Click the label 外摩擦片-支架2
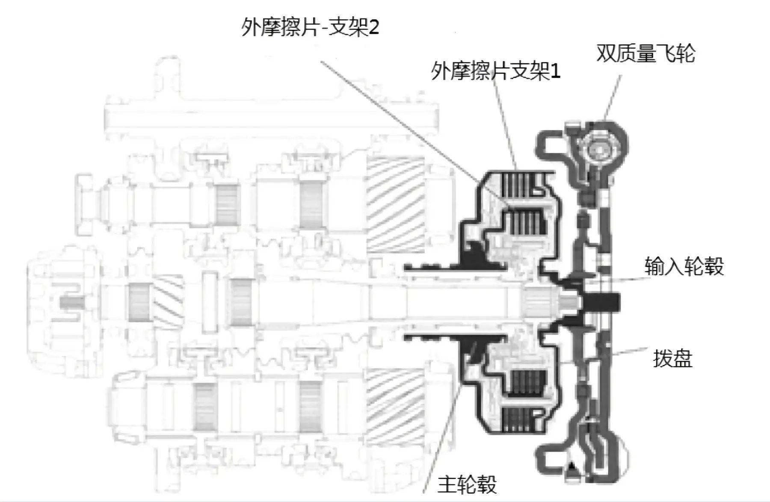coord(310,28)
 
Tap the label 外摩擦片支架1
coord(495,71)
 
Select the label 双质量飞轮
coord(646,53)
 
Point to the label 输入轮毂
coord(684,266)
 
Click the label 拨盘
coord(672,358)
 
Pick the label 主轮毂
coord(467,484)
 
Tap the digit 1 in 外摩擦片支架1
coord(555,71)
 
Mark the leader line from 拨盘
coord(629,352)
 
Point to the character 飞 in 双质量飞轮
coord(669,53)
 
